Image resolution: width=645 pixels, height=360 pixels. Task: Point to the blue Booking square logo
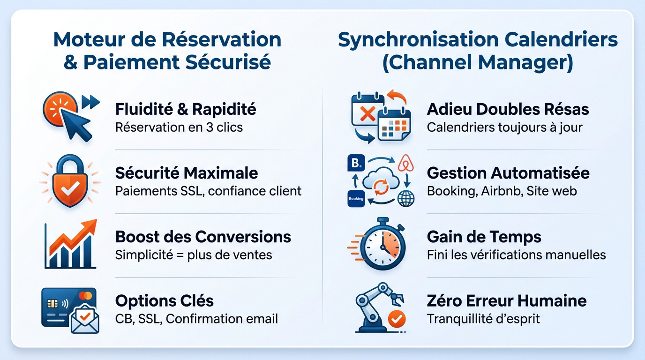pyautogui.click(x=356, y=164)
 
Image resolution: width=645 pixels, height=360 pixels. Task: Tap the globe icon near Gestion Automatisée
pyautogui.click(x=406, y=198)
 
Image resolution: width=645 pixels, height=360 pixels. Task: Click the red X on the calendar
pyautogui.click(x=367, y=113)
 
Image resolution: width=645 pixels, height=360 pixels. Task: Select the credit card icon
pyautogui.click(x=66, y=305)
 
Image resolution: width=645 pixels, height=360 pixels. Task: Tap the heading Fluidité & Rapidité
pyautogui.click(x=186, y=109)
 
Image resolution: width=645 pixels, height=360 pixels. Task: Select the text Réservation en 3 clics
pyautogui.click(x=179, y=127)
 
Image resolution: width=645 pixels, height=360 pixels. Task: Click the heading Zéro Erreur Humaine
pyautogui.click(x=506, y=300)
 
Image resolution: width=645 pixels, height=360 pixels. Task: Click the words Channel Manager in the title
pyautogui.click(x=478, y=63)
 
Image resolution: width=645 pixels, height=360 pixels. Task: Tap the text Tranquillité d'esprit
pyautogui.click(x=483, y=319)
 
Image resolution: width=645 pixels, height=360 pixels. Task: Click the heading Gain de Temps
pyautogui.click(x=484, y=237)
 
